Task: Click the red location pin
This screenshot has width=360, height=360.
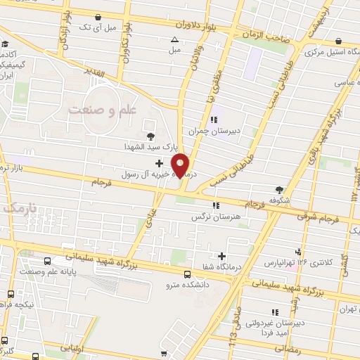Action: tap(181, 165)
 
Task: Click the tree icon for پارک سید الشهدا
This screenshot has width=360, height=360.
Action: tap(149, 136)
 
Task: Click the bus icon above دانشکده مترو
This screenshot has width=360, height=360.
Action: tap(187, 275)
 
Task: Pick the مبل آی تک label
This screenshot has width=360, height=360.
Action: tap(97, 27)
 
